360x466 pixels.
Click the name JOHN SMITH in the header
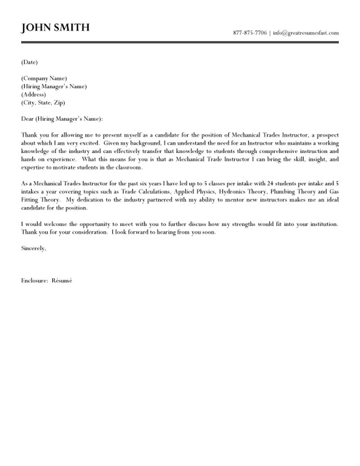tap(55, 28)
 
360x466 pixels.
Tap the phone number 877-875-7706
tap(250, 33)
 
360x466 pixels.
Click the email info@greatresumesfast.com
tap(306, 33)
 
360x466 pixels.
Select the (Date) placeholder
tap(29, 62)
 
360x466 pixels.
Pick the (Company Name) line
tap(44, 78)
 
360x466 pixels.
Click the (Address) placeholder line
tap(33, 95)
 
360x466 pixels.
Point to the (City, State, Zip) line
tap(43, 103)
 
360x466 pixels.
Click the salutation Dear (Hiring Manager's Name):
tap(62, 119)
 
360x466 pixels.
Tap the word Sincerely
tap(33, 248)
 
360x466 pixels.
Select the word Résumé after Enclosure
tap(61, 281)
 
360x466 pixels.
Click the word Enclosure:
tap(35, 281)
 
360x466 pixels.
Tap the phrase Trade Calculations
tap(146, 192)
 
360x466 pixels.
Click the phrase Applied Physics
tap(192, 192)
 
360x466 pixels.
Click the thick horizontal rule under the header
tap(180, 42)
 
